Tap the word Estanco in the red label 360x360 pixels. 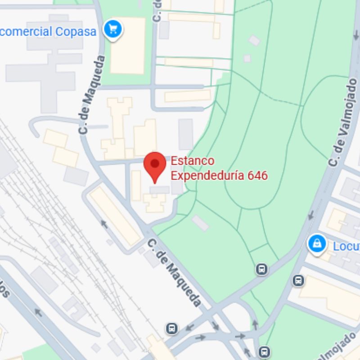point(193,161)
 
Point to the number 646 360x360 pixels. point(258,175)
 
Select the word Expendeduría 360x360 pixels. point(207,175)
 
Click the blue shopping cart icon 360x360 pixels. point(112,30)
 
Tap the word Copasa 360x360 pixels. point(76,31)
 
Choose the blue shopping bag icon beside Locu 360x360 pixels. point(317,244)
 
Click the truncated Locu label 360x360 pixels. point(346,246)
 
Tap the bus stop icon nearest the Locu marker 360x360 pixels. point(298,280)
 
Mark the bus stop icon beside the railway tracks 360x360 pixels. point(171,328)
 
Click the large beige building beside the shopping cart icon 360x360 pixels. point(127,45)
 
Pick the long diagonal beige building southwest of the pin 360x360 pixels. point(115,216)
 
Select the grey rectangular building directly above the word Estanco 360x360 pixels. point(185,134)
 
